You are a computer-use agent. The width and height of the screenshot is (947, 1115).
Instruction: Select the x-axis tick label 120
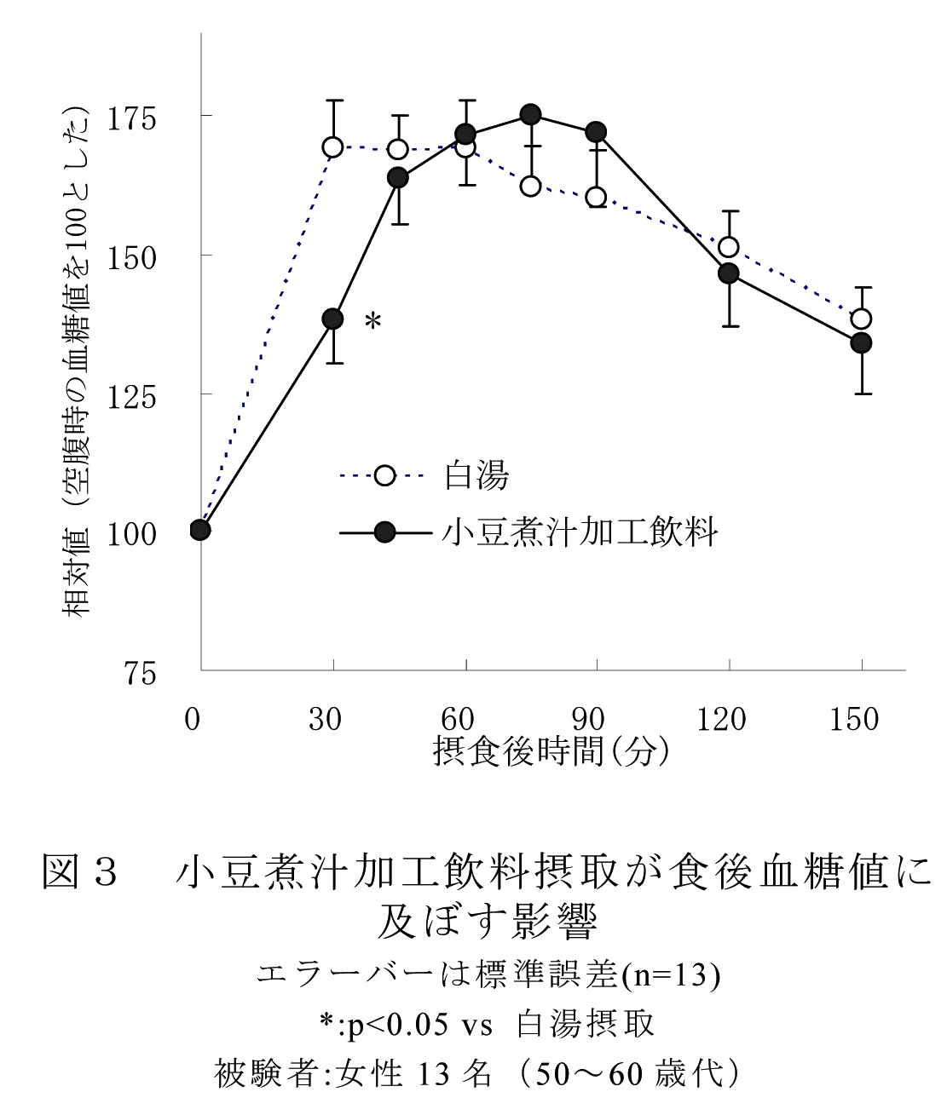coord(721,720)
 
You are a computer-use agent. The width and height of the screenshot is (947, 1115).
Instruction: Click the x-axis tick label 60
coord(457,720)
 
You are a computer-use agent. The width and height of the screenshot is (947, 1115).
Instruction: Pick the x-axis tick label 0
coord(193,720)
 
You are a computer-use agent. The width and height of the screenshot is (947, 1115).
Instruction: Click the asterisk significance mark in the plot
coord(372,322)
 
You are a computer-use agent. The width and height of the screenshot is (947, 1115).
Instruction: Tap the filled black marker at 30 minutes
coord(332,319)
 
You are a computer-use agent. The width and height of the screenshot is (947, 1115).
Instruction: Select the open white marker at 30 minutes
coord(332,147)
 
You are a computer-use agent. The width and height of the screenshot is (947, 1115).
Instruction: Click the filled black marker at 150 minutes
coord(862,342)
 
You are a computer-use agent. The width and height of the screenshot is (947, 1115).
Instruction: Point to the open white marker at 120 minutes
coord(729,247)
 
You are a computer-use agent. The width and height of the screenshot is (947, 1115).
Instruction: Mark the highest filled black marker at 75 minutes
coord(531,114)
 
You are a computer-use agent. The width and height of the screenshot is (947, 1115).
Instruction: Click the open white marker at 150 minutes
coord(862,319)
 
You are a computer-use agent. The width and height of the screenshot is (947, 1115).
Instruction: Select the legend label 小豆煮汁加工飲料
coord(580,532)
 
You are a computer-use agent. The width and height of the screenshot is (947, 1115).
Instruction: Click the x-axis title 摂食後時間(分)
coord(551,751)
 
